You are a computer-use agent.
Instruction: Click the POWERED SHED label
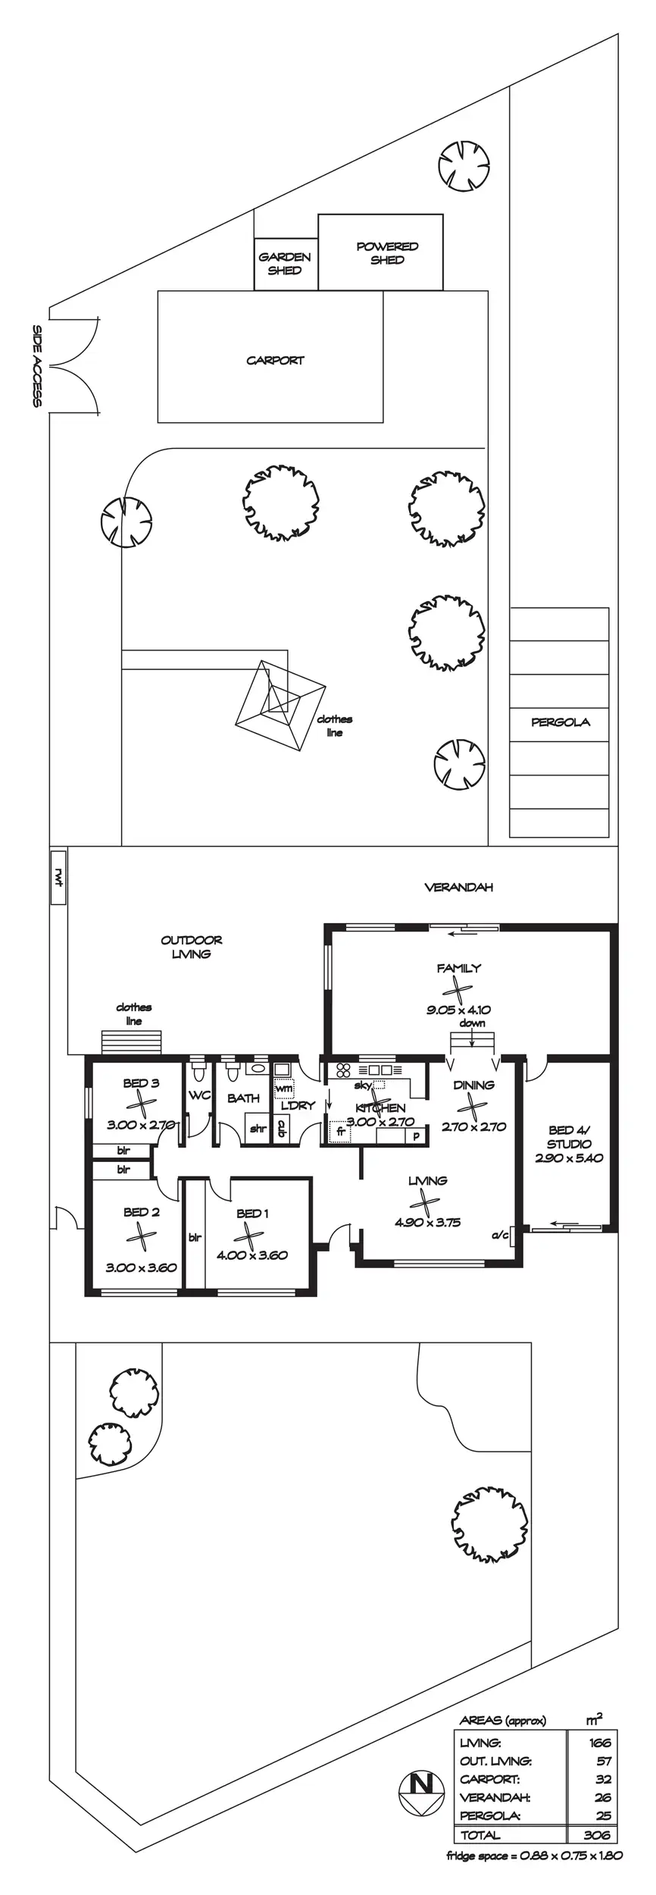tap(387, 253)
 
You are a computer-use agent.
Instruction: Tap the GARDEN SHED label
tap(285, 264)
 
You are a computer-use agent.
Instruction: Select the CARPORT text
tap(275, 361)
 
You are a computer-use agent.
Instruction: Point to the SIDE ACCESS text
tap(36, 366)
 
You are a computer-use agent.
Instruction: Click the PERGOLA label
tap(561, 722)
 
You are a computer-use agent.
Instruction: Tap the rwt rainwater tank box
tap(58, 877)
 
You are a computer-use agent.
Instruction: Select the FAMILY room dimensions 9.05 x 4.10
tap(458, 1010)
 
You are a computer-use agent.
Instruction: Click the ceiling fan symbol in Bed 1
tap(248, 1236)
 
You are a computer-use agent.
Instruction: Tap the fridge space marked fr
tap(341, 1132)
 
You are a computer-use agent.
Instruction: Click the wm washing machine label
tap(283, 1088)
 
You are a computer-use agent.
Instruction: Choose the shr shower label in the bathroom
tap(258, 1129)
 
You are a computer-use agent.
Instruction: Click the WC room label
tap(199, 1095)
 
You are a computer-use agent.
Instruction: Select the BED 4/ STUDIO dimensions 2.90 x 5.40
tap(569, 1158)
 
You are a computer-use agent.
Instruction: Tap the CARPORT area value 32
tap(603, 1779)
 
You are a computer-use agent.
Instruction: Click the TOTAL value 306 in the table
tap(597, 1835)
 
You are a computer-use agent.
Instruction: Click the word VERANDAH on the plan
tap(458, 888)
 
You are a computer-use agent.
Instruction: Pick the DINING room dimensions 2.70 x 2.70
tap(473, 1127)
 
